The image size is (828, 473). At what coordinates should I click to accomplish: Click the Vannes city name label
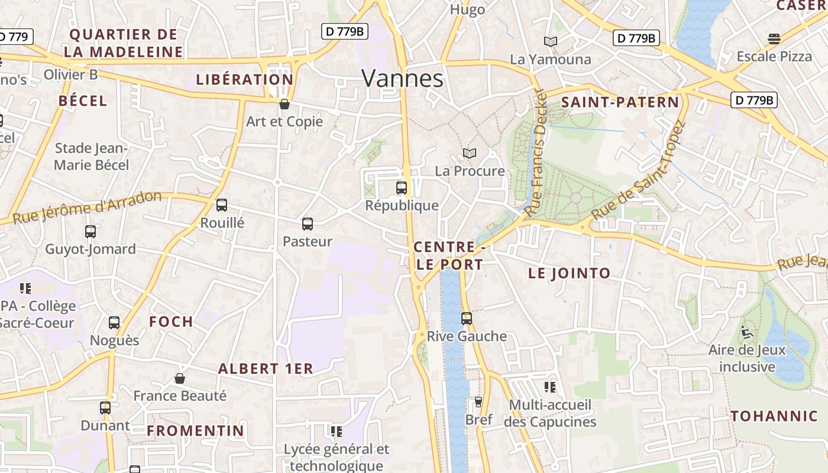(x=402, y=78)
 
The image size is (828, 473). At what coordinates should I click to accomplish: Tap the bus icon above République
(x=402, y=188)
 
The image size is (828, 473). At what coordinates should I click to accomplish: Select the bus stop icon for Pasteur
(x=308, y=224)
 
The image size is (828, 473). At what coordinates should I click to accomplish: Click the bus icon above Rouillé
(x=222, y=205)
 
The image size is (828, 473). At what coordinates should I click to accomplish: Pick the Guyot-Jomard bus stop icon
(x=90, y=232)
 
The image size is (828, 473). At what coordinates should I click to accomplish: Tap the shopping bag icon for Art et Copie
(x=284, y=104)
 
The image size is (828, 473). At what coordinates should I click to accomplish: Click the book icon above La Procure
(x=470, y=154)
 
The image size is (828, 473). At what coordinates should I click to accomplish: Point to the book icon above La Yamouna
(x=551, y=41)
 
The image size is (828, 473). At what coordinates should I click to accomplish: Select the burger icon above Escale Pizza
(x=774, y=39)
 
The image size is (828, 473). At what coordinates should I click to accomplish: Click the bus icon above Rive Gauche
(x=467, y=319)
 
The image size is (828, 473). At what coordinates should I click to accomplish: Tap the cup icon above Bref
(x=478, y=402)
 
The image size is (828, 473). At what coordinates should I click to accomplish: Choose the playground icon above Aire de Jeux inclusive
(x=747, y=332)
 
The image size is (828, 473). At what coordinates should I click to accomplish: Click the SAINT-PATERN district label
(x=620, y=102)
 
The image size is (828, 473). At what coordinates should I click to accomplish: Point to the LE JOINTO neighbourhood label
(x=569, y=273)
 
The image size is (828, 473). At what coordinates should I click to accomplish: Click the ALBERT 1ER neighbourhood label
(x=266, y=368)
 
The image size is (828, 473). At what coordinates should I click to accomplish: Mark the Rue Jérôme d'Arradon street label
(x=87, y=208)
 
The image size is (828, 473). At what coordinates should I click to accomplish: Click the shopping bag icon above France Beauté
(x=180, y=378)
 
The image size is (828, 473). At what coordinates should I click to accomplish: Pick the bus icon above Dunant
(x=105, y=407)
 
